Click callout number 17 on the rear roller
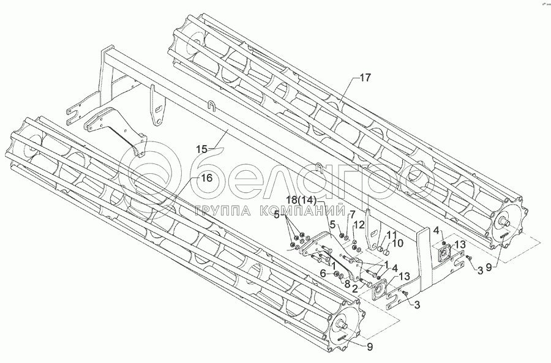(x=365, y=78)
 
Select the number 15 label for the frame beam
(x=201, y=149)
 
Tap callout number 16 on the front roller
(x=206, y=178)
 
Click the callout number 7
(x=353, y=214)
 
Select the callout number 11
(x=391, y=234)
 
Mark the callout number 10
(x=399, y=243)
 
